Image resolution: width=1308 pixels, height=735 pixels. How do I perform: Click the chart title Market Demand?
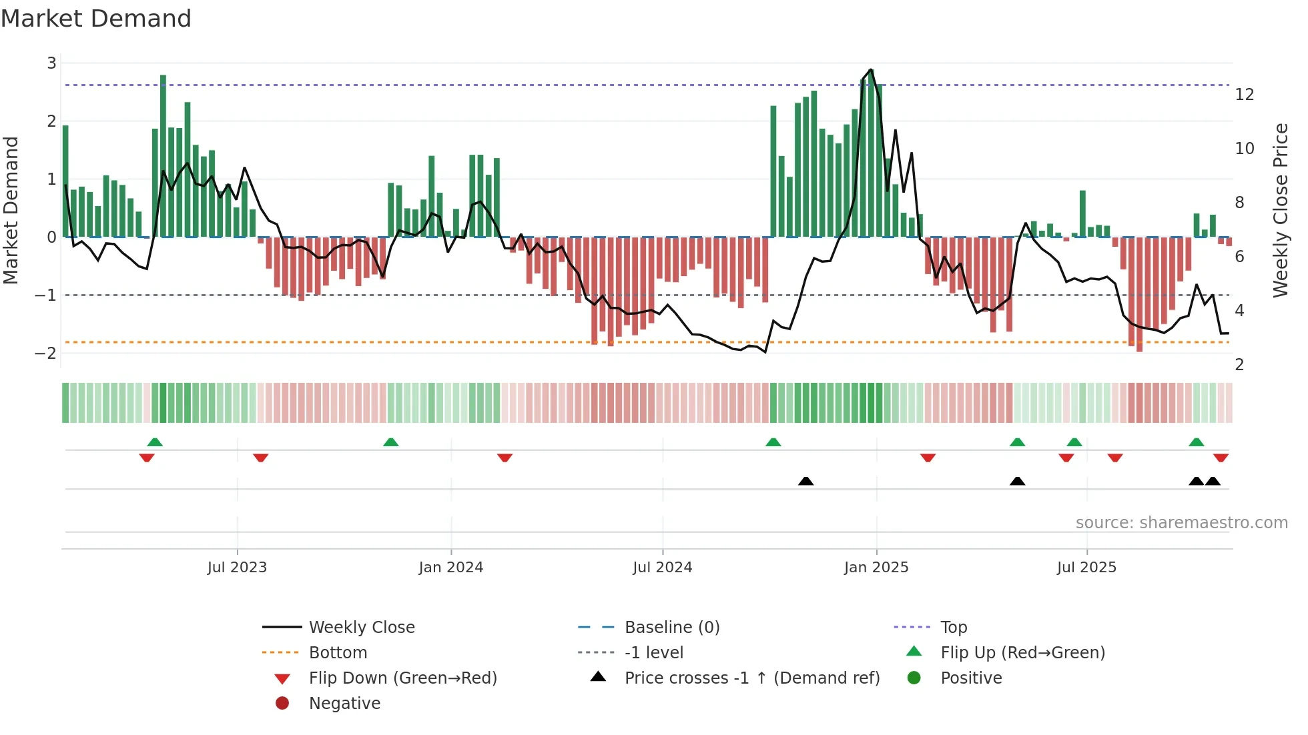tap(96, 19)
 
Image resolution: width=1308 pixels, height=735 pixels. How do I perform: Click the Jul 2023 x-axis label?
tap(237, 568)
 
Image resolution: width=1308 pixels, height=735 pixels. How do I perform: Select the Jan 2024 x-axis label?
tap(450, 568)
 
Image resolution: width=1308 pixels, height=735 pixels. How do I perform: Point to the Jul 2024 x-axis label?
tap(662, 568)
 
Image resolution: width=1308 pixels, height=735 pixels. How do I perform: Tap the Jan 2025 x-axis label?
tap(876, 568)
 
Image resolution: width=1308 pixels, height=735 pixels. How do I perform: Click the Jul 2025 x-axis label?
tap(1086, 568)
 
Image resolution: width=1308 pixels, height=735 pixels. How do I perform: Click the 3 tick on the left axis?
tap(51, 63)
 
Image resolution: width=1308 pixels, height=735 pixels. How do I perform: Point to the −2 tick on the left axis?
tap(45, 353)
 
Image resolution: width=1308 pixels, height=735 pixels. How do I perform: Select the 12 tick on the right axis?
tap(1244, 95)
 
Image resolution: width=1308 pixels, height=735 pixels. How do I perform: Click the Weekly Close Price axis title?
tap(1280, 210)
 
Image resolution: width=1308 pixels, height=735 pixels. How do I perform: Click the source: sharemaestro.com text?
tap(1181, 523)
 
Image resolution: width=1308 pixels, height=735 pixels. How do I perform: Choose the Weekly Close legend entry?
tap(361, 628)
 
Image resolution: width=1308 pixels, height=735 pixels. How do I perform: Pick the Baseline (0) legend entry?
tap(671, 628)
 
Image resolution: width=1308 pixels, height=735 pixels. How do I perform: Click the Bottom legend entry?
tap(338, 653)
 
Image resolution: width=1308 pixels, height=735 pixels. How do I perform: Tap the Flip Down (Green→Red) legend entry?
tap(402, 678)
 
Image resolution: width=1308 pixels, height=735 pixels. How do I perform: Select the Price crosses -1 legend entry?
tap(751, 678)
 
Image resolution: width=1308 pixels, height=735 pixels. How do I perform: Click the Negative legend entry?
tap(344, 704)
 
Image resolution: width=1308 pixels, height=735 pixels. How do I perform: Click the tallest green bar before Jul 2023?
tap(163, 157)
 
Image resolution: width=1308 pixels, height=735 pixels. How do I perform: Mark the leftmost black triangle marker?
tap(805, 481)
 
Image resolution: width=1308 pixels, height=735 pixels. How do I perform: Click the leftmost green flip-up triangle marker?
tap(155, 442)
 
